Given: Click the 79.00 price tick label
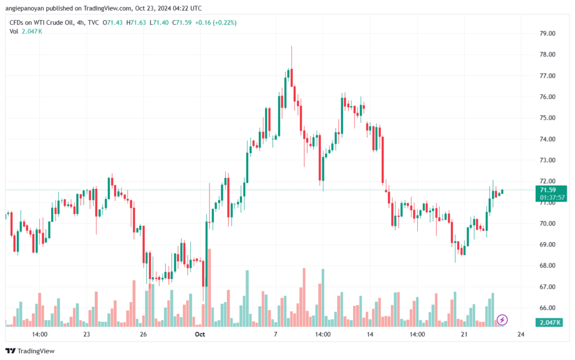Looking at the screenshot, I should coord(547,33).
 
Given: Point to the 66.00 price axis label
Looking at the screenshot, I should coord(547,308).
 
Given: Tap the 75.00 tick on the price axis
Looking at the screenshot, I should coord(547,118).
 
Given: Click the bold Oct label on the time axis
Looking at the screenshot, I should coord(199,334).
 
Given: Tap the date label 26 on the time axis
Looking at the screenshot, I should coord(143,334).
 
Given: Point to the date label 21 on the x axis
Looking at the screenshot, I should coord(464,334).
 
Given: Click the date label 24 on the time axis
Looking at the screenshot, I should coord(521,334).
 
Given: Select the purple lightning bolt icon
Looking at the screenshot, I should coord(503,320).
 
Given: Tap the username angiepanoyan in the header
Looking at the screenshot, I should coord(32,8).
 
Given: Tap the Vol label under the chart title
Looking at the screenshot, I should coord(14,31).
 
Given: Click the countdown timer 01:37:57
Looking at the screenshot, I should coord(553,198).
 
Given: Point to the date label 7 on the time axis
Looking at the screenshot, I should coord(275,334).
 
